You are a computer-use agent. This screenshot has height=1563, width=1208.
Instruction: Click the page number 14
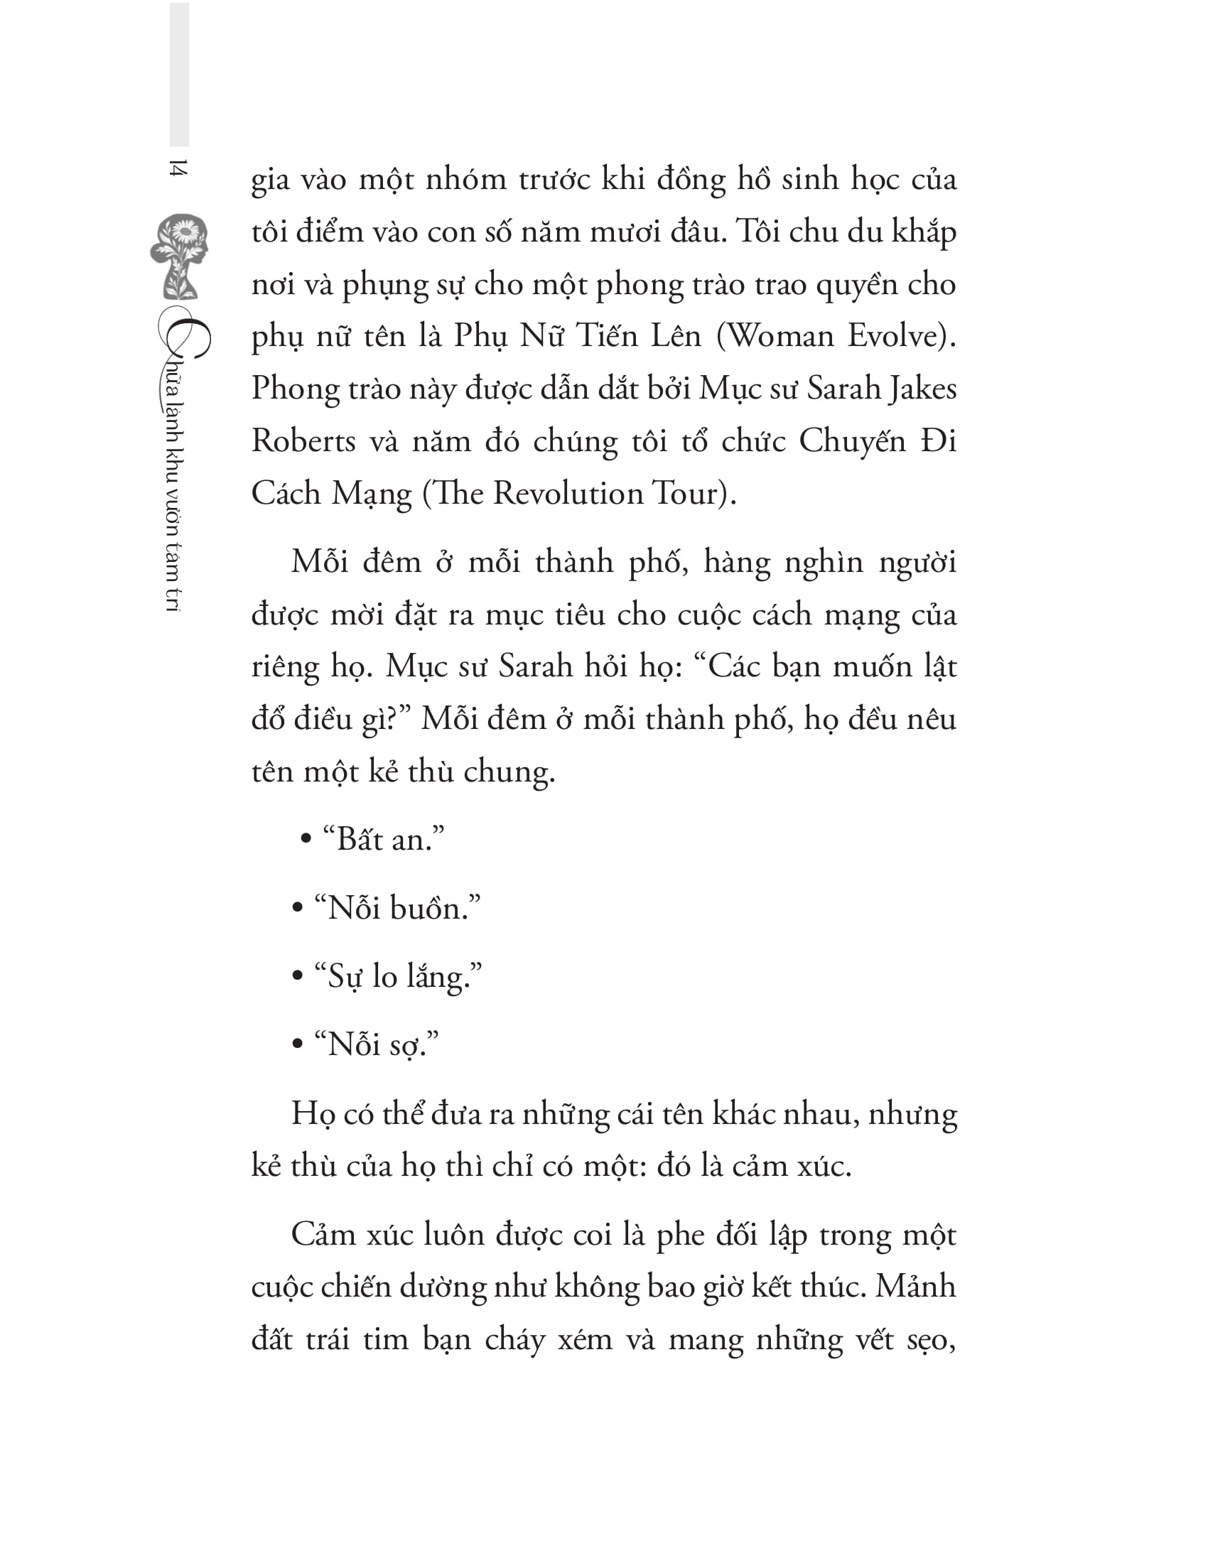tap(178, 169)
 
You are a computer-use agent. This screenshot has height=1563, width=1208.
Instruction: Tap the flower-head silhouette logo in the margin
tap(180, 256)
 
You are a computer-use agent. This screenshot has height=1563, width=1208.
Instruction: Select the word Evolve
tap(897, 336)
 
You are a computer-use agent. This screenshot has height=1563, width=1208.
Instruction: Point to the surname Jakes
tap(922, 389)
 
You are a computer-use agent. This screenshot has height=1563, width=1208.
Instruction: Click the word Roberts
tap(303, 442)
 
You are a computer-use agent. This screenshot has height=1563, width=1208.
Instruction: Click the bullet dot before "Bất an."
tap(306, 839)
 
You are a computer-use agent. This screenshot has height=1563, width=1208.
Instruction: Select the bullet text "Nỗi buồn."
tap(397, 908)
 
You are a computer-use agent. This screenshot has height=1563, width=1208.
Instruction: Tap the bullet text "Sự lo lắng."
tap(398, 977)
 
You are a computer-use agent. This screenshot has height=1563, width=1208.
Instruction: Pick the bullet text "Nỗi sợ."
tap(377, 1046)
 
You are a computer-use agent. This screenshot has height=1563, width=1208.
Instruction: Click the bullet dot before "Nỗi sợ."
tap(298, 1045)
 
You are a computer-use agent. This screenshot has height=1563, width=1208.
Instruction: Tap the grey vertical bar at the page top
tap(179, 75)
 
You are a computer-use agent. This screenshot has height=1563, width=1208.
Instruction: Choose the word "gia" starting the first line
tap(271, 180)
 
